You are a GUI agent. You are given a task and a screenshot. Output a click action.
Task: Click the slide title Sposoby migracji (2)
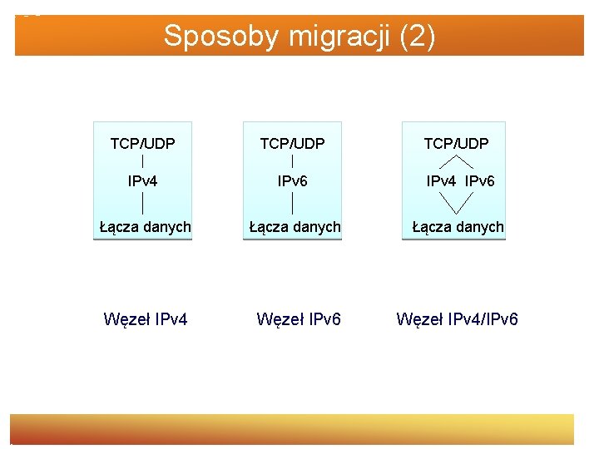tap(299, 36)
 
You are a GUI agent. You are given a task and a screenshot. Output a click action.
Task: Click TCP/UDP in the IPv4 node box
tap(142, 144)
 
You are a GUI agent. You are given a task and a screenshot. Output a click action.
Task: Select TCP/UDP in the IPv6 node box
tap(292, 144)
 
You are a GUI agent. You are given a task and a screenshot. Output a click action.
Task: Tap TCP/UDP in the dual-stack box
tap(456, 144)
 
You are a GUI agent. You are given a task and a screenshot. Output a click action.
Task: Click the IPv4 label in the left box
tap(142, 180)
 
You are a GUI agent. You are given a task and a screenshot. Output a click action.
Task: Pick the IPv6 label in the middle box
tap(292, 180)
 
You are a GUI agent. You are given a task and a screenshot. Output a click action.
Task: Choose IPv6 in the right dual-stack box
tap(480, 180)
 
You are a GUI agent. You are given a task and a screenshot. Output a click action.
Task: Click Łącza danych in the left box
tap(145, 226)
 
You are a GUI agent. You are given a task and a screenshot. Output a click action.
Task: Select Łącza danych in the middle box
tap(295, 226)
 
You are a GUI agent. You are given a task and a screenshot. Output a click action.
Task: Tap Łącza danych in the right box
tap(458, 226)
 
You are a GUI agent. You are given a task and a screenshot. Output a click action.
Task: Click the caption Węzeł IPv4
tap(145, 318)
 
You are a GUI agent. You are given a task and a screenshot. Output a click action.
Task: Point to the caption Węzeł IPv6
tap(299, 318)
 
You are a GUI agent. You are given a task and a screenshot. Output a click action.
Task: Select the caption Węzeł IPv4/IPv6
tap(457, 318)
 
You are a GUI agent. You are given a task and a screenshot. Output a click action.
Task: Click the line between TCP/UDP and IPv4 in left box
tap(143, 161)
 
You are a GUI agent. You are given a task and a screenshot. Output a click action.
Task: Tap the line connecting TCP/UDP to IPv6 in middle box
tap(293, 161)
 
